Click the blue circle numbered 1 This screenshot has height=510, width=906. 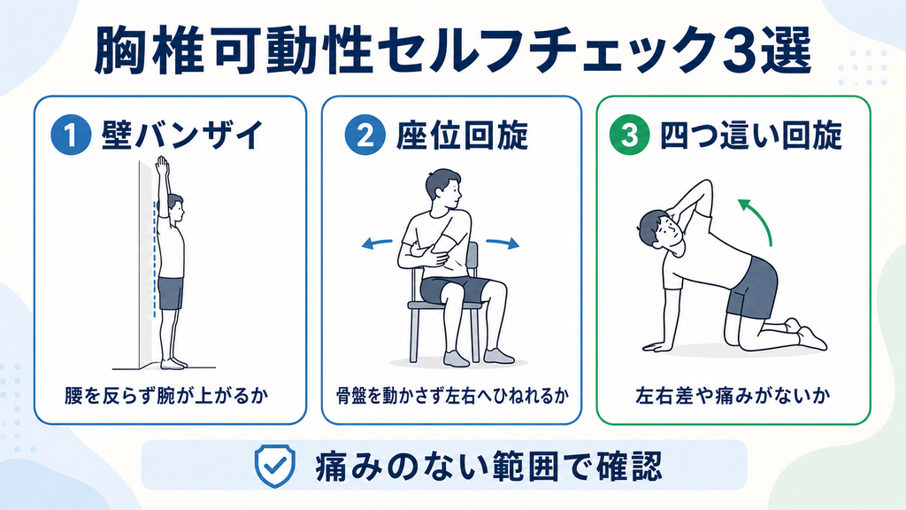click(x=71, y=135)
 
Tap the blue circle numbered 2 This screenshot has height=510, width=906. click(x=365, y=135)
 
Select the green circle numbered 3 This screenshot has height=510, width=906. click(x=629, y=135)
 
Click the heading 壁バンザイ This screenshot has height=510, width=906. click(x=182, y=135)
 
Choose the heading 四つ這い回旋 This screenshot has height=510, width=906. click(x=750, y=135)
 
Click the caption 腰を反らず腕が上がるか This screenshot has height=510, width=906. click(x=166, y=396)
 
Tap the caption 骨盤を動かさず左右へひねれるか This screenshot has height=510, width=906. click(x=452, y=396)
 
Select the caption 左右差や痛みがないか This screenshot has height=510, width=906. click(x=733, y=396)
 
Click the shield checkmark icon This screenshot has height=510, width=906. click(x=275, y=466)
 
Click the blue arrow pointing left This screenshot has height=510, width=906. click(x=377, y=244)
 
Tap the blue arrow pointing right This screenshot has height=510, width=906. click(x=503, y=243)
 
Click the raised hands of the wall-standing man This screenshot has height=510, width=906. click(x=163, y=167)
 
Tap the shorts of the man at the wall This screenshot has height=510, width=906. click(x=171, y=293)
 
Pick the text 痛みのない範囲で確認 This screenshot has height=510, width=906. click(x=488, y=466)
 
